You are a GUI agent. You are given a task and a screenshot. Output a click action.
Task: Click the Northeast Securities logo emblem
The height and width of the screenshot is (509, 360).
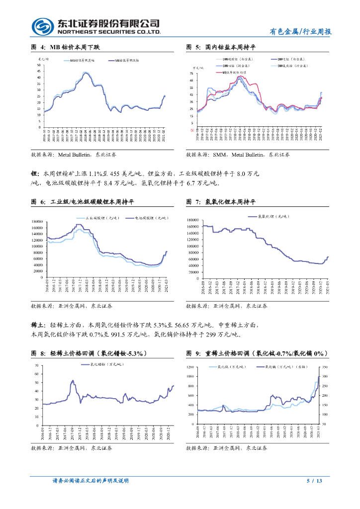(43, 26)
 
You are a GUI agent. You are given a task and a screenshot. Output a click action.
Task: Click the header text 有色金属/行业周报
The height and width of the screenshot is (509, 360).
(300, 31)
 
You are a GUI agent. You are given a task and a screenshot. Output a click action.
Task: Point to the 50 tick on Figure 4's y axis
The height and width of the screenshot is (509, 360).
(39, 64)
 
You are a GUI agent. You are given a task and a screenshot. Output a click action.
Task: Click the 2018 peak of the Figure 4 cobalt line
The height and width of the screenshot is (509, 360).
(86, 72)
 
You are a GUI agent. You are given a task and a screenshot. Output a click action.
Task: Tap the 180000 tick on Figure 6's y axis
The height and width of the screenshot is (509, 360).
(37, 222)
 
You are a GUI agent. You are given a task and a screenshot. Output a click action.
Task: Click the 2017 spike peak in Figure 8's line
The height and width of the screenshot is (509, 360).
(73, 381)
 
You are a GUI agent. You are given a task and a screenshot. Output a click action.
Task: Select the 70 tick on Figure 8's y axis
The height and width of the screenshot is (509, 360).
(37, 366)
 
